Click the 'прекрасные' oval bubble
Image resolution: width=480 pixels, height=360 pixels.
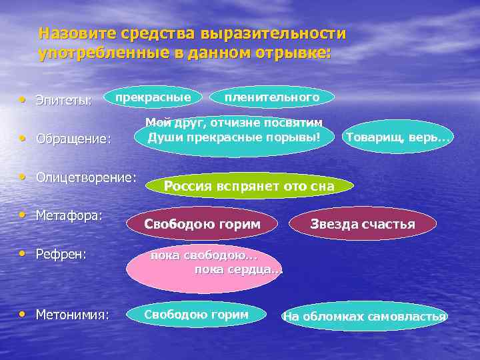(x=153, y=97)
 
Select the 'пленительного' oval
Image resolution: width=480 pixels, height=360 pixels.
(x=271, y=97)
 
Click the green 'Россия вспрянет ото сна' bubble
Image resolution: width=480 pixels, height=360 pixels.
(x=249, y=186)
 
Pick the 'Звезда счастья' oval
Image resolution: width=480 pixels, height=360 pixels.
(x=362, y=225)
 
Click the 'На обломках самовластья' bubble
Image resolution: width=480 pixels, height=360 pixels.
(x=364, y=317)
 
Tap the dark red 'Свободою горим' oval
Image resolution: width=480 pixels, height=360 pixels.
(x=202, y=225)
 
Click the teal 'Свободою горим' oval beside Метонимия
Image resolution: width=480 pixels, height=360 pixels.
(x=196, y=315)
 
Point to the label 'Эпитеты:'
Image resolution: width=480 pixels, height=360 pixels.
(x=63, y=101)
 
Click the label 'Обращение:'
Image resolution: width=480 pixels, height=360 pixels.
(x=73, y=139)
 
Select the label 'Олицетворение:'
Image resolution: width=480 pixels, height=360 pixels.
(x=86, y=177)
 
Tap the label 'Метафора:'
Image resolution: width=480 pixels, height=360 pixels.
(x=69, y=216)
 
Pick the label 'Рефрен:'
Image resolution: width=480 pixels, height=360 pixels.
(x=61, y=254)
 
